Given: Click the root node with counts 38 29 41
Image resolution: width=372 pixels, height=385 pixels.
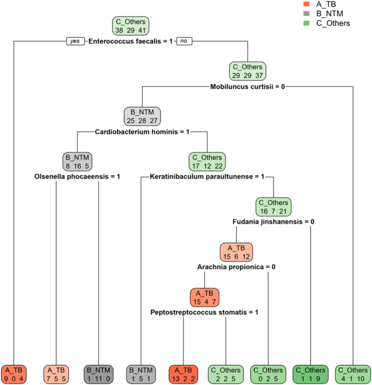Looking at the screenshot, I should coord(130,26).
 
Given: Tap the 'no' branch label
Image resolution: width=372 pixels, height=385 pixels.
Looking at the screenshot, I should coord(185,41).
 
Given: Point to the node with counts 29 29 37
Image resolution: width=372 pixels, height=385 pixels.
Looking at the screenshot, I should coord(248,71).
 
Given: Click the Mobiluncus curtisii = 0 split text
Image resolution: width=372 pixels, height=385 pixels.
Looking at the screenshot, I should coord(248,86).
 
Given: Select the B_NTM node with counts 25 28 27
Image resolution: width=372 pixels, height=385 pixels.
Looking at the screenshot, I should coord(142,116).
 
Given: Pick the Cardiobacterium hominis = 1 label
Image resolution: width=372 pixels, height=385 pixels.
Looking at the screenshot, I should coord(142,131).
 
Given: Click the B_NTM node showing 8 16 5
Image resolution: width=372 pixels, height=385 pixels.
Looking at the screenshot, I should coord(78,161).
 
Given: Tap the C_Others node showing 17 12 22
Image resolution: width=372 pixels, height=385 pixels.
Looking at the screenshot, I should coord(207,161).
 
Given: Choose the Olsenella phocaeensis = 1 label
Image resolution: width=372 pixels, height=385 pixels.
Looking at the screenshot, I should coord(78,176).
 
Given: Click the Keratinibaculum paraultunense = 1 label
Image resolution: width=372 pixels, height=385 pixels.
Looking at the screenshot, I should coord(207,176).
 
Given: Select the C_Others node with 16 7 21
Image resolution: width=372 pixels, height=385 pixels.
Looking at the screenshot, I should coord(274,207).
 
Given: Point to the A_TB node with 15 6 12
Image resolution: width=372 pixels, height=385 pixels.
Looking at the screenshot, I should coord(236,252).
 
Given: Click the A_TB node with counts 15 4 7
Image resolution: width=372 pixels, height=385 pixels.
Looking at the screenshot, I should coord(204,297).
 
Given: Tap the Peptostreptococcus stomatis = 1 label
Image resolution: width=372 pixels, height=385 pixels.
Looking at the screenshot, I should coord(204,312).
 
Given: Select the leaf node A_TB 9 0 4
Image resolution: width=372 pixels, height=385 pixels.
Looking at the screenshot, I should coord(14,373).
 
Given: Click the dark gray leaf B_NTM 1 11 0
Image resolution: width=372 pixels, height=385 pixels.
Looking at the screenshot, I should coord(99,373).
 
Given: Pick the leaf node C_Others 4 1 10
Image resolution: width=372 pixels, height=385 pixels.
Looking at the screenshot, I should coord(354,373).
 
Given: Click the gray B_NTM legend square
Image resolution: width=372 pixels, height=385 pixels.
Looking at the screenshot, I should coord(307,14).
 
